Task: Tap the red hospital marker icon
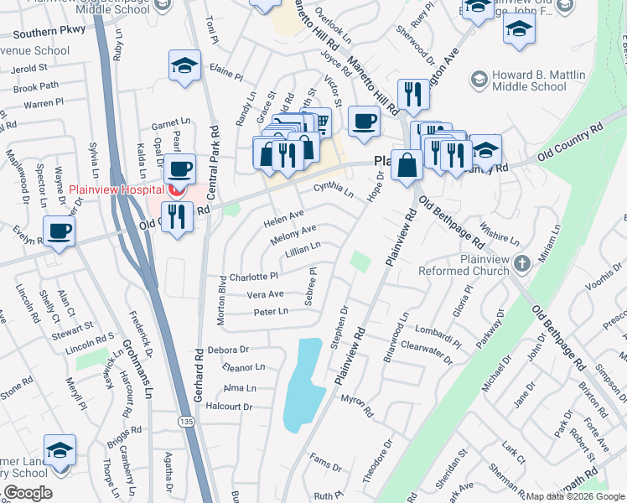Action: [176, 190]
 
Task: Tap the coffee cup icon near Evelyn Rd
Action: [59, 231]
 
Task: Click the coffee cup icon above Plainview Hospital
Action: [179, 169]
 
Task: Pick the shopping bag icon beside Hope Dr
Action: [407, 163]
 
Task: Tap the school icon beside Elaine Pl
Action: [184, 66]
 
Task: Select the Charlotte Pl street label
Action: [253, 276]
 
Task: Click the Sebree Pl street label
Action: [312, 288]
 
